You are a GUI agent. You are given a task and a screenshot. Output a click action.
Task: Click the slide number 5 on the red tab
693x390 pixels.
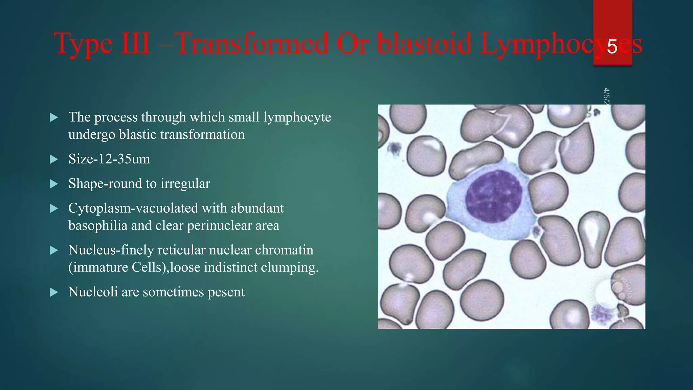[x=612, y=47]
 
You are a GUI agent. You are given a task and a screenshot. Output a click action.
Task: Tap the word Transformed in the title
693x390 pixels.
[x=252, y=43]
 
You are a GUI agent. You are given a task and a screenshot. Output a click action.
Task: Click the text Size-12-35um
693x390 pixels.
[x=109, y=159]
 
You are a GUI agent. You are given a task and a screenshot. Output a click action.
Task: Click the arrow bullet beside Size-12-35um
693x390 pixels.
[x=54, y=159]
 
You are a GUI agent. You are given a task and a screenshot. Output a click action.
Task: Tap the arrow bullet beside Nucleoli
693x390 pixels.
[x=54, y=292]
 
